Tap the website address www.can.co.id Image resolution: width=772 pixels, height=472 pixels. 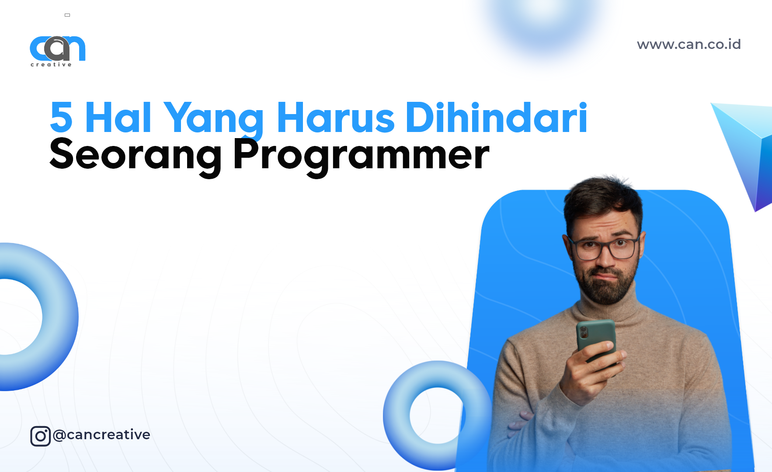point(689,45)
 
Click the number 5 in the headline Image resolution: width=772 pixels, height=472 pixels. point(61,117)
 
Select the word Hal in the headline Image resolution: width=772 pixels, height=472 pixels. point(118,117)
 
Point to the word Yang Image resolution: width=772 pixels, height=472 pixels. point(213,118)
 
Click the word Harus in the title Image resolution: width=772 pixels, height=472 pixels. point(336,117)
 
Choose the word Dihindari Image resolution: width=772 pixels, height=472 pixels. point(496,117)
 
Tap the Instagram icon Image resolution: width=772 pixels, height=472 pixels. point(40,436)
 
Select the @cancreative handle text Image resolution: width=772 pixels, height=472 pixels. point(101,434)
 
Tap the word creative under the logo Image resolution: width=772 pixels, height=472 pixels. point(51,65)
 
